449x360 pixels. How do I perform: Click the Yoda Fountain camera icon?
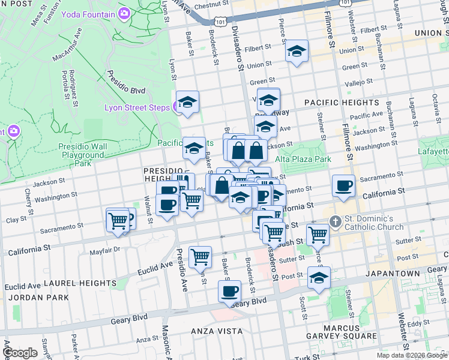click(124, 13)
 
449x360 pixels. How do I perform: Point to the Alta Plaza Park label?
click(303, 160)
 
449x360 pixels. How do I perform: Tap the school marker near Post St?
click(319, 278)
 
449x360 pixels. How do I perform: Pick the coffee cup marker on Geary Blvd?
click(229, 292)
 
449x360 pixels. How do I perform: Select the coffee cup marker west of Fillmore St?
click(344, 185)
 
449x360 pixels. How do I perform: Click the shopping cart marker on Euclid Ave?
click(200, 257)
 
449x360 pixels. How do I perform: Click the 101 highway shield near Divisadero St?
click(220, 21)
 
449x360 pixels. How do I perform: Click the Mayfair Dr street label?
click(108, 250)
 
